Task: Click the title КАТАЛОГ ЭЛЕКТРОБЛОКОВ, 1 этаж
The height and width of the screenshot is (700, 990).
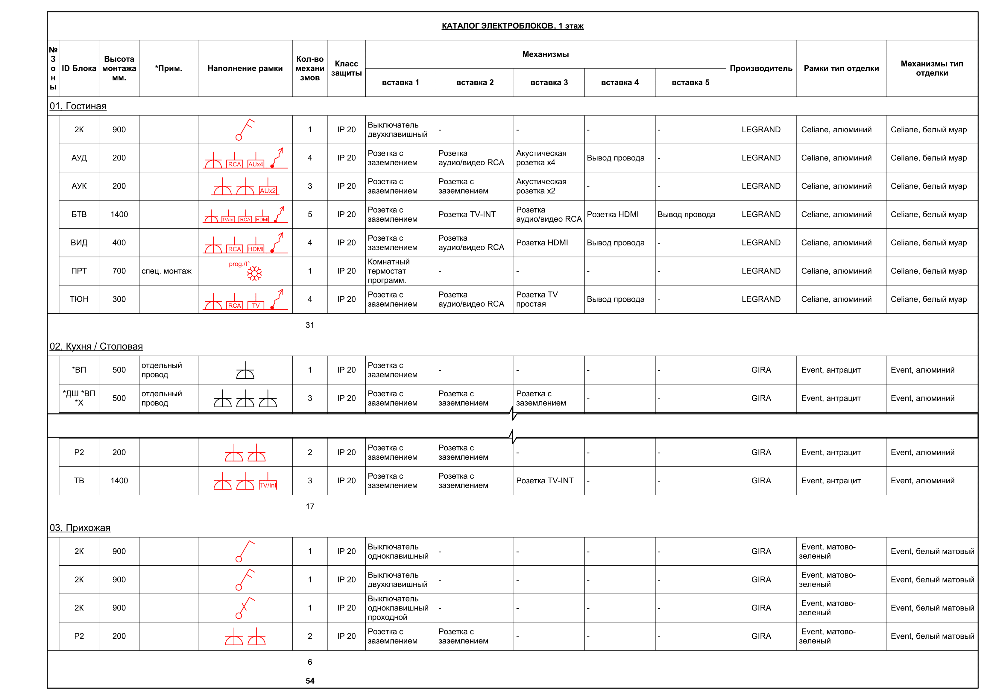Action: coord(512,26)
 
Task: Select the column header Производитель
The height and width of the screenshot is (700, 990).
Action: coord(761,68)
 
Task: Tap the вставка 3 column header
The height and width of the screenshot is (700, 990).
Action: coord(549,82)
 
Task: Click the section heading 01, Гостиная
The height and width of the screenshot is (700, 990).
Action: coord(78,106)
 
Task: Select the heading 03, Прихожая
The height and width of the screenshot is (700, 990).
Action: coord(80,528)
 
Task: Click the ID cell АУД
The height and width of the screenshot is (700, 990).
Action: coord(79,158)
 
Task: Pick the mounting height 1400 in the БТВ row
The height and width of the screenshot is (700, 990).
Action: coord(119,214)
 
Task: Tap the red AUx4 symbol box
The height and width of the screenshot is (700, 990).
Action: coord(255,164)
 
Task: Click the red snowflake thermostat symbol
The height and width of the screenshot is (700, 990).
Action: coord(254,274)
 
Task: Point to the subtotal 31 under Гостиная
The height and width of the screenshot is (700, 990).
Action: coord(309,325)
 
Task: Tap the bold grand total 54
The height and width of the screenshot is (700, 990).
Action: coord(309,681)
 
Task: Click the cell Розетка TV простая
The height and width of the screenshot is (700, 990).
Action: coord(537,299)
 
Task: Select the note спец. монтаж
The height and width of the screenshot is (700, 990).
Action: coord(166,271)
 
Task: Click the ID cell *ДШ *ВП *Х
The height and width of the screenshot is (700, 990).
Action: coord(79,398)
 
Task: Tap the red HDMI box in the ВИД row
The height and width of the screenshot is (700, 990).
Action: coord(255,249)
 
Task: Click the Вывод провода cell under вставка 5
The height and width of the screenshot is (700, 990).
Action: coord(686,214)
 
